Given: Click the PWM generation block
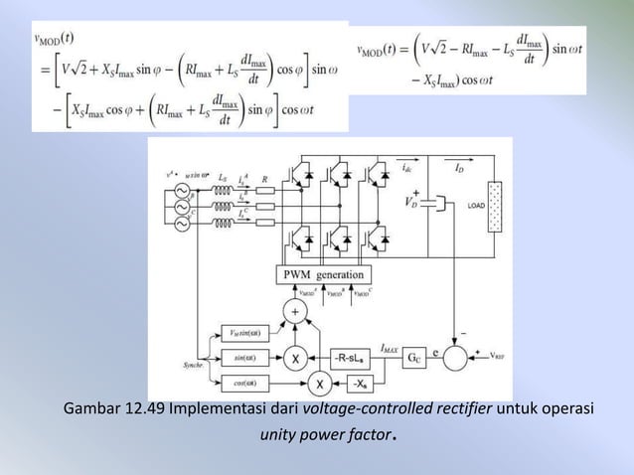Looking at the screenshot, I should click(x=324, y=274).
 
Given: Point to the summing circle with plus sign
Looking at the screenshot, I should click(x=294, y=312).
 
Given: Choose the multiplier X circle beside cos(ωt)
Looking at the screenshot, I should click(x=320, y=384).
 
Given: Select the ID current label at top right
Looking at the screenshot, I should click(x=458, y=170).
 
